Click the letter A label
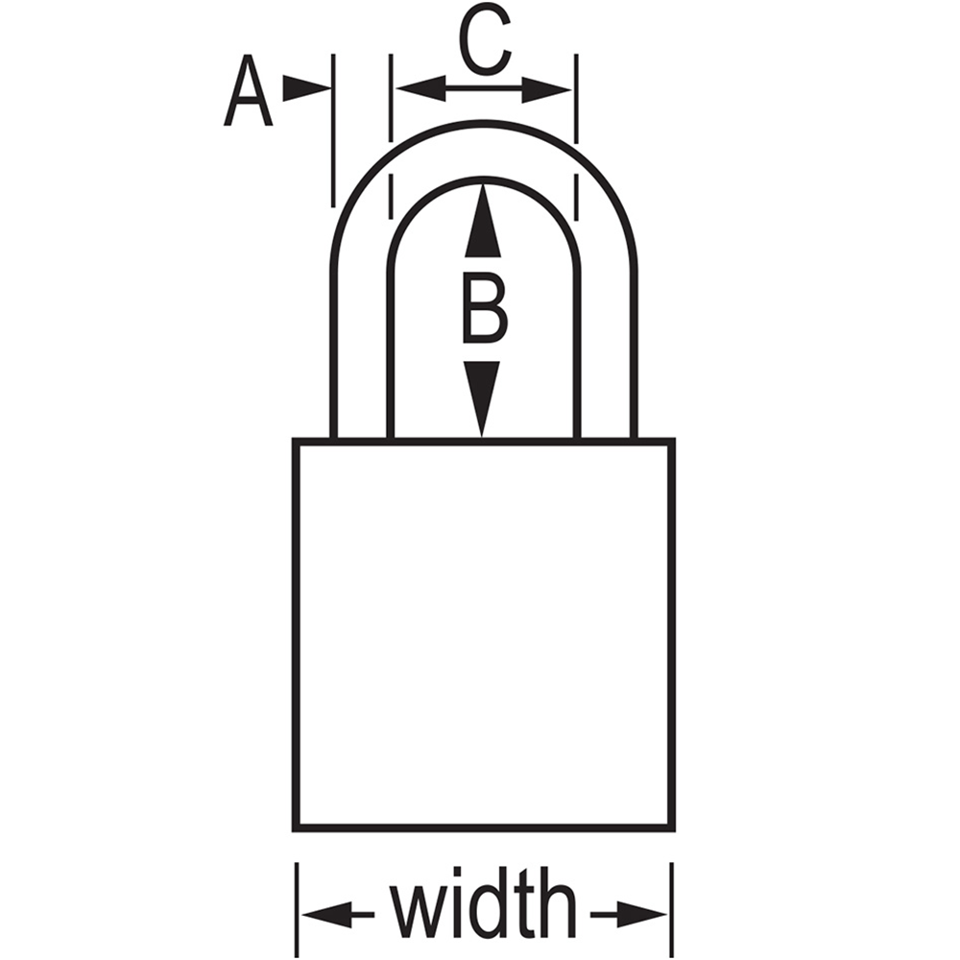(248, 90)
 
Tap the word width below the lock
(484, 903)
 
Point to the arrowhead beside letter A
(306, 88)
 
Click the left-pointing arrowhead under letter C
(420, 88)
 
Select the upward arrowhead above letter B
(483, 221)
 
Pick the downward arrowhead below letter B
(482, 398)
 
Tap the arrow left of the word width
(338, 915)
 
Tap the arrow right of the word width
(629, 915)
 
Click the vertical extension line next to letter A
(333, 131)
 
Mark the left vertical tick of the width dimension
(297, 910)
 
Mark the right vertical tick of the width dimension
(672, 910)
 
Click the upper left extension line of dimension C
(392, 98)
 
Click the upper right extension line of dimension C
(576, 98)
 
